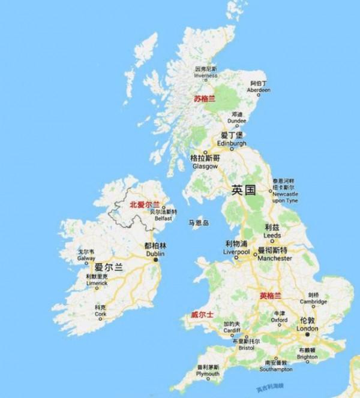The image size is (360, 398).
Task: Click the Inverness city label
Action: click(x=206, y=71)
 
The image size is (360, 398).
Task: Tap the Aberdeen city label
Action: click(x=259, y=86)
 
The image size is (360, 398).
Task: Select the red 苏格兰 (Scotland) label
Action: click(x=204, y=99)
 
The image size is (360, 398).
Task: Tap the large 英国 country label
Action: click(x=244, y=190)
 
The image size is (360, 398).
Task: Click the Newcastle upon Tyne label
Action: click(x=284, y=191)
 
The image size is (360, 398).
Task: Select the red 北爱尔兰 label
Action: click(x=145, y=205)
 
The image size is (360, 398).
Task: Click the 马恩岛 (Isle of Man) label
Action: click(x=198, y=222)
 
